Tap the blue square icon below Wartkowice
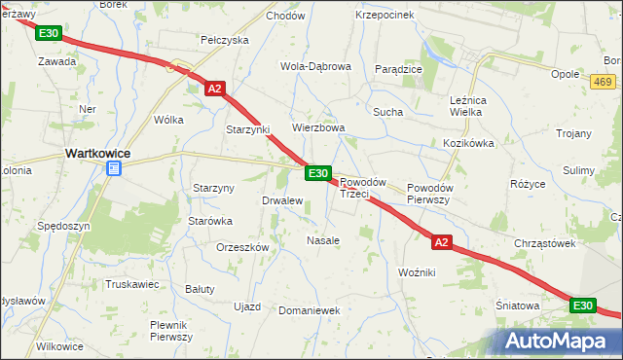(113, 169)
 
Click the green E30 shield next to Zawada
(49, 33)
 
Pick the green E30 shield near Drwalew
(317, 173)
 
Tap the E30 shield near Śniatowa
(582, 306)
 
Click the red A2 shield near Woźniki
(441, 242)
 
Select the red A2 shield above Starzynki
(216, 89)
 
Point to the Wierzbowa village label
(319, 127)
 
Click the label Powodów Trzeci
(362, 188)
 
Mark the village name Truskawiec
(131, 284)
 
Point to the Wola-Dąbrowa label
(315, 66)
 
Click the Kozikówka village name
(469, 142)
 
